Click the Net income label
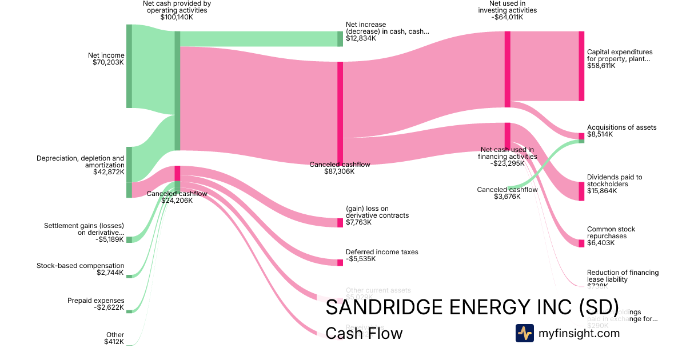(106, 55)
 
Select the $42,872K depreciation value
(108, 172)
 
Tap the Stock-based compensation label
(80, 266)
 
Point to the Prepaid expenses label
(95, 301)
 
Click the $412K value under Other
(114, 342)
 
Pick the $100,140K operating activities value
(177, 17)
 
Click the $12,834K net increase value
(361, 38)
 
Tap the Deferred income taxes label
(382, 252)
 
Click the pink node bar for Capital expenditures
(581, 66)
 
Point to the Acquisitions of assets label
(621, 127)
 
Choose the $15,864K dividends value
(601, 191)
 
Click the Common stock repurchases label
(611, 233)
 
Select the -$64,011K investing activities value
(507, 17)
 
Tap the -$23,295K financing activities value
(507, 163)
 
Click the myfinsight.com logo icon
(524, 333)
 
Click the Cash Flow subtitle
(364, 333)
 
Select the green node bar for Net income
(129, 66)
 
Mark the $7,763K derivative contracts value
(358, 222)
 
